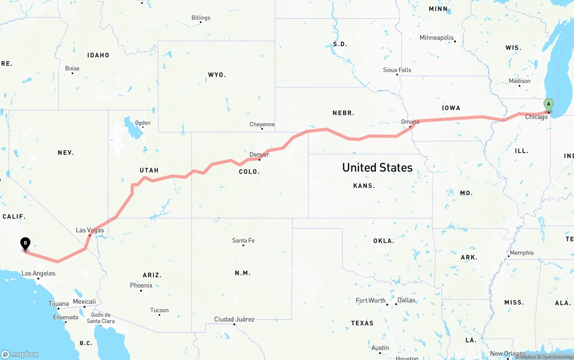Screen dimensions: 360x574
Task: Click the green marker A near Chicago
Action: (548, 105)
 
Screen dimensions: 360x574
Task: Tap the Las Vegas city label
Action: (90, 230)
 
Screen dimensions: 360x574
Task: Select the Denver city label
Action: (259, 155)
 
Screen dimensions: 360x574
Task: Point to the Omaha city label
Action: (410, 121)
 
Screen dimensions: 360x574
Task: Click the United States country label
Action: (377, 168)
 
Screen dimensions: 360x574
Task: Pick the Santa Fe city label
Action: (243, 240)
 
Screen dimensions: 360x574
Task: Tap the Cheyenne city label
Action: (262, 124)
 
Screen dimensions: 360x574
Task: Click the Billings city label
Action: (200, 18)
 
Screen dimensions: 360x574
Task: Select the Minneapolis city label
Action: (436, 38)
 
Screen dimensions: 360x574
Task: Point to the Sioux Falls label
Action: (397, 70)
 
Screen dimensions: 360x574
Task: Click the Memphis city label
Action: (522, 253)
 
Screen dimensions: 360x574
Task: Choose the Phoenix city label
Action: (141, 285)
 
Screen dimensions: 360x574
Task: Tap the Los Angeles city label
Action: (39, 273)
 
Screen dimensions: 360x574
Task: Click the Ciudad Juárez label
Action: (234, 319)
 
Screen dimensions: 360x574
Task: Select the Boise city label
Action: (72, 68)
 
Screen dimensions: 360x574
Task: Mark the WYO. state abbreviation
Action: (217, 75)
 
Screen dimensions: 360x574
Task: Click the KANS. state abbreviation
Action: (364, 186)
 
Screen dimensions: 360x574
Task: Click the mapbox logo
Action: (20, 354)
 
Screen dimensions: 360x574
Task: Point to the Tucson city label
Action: (159, 310)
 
